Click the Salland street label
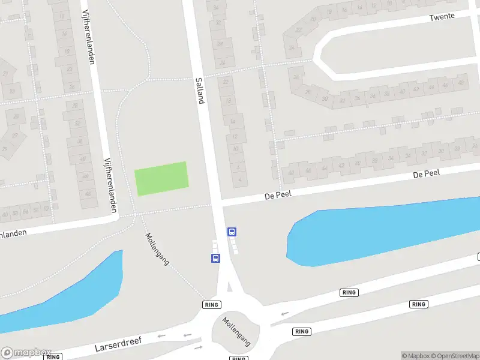point(200,90)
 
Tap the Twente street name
point(442,17)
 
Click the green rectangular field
point(161,178)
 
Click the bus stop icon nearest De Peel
point(232,232)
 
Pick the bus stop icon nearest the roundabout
point(215,258)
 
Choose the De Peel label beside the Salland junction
point(278,196)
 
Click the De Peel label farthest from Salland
point(427,174)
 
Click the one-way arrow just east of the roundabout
point(284,313)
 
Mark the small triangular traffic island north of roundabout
point(229,287)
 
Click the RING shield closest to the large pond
point(349,292)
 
